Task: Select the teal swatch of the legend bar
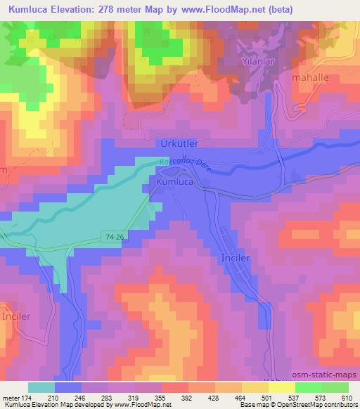(41, 387)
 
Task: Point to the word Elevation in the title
(84, 8)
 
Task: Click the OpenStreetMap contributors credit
(314, 404)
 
